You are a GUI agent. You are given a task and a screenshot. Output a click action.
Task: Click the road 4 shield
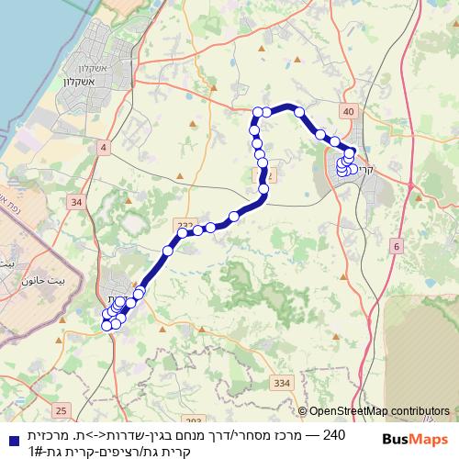pyautogui.click(x=104, y=147)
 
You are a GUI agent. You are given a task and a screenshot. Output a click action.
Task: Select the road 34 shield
pyautogui.click(x=75, y=201)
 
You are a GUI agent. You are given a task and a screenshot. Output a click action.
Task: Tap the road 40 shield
pyautogui.click(x=347, y=111)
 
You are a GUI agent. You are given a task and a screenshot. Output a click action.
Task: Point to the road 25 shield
pyautogui.click(x=62, y=409)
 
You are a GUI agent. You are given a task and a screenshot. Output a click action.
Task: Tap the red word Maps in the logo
pyautogui.click(x=431, y=439)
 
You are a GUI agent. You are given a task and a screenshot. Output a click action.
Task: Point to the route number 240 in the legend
pyautogui.click(x=335, y=432)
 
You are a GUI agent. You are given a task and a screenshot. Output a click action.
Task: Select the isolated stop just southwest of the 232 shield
pyautogui.click(x=168, y=251)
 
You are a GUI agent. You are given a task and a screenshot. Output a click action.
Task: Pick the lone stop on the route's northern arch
pyautogui.click(x=299, y=112)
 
